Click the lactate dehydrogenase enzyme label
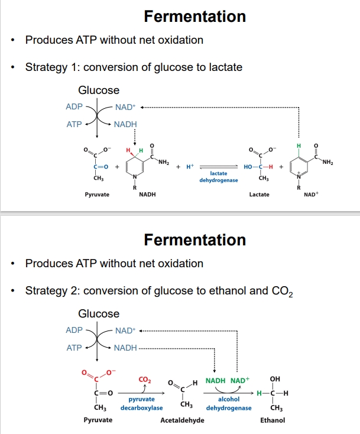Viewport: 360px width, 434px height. tap(219, 176)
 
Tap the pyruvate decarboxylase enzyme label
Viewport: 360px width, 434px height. tap(141, 404)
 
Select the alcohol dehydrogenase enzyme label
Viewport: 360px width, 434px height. tap(229, 404)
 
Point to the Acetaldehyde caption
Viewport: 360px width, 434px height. tap(183, 420)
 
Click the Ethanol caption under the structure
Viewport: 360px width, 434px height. tap(273, 420)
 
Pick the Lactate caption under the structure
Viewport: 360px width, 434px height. tap(260, 195)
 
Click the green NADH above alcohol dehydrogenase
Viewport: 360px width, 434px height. tap(216, 380)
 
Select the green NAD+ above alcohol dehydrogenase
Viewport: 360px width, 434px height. tap(240, 380)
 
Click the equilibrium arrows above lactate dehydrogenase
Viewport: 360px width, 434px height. tap(219, 167)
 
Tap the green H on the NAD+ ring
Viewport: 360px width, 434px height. tap(299, 145)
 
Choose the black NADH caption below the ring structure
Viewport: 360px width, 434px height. tap(147, 195)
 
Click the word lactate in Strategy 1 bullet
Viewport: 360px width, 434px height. tap(226, 67)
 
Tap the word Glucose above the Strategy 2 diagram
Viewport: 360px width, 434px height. tap(99, 313)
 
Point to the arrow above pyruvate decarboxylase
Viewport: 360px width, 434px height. tap(141, 392)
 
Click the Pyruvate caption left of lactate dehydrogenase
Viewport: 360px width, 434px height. tap(96, 195)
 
